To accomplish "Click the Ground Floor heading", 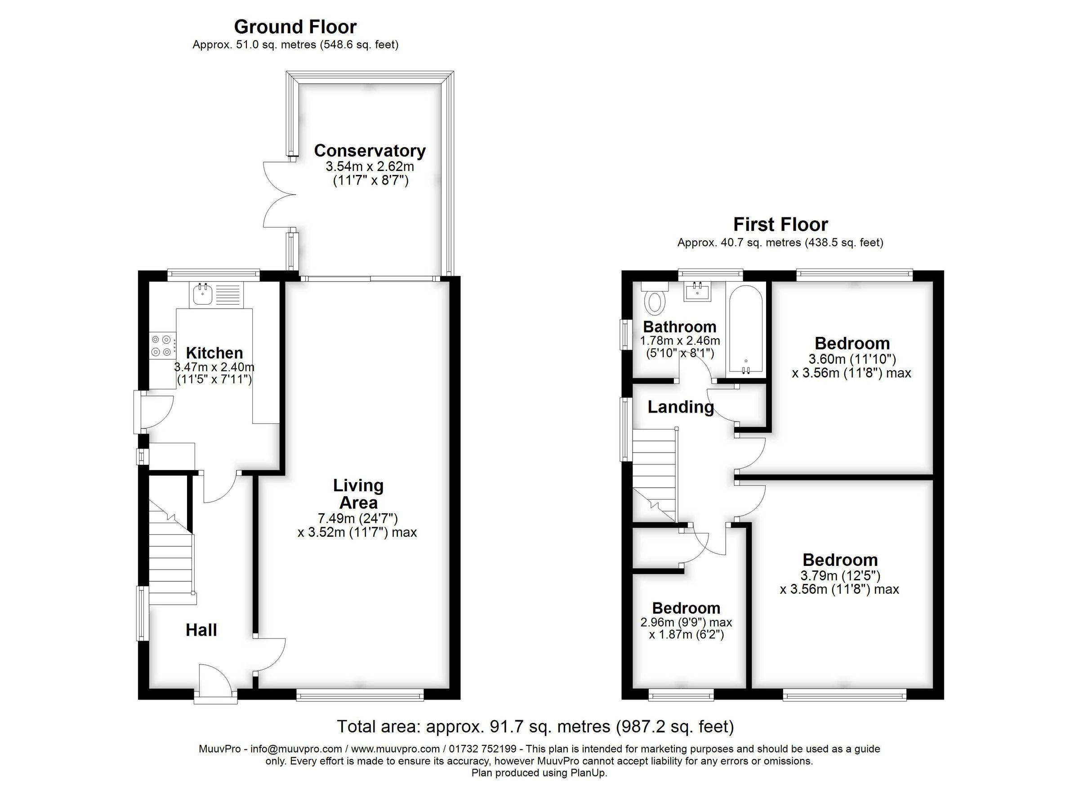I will click(295, 27).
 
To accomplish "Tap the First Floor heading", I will click(780, 224).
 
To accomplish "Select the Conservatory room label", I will click(370, 151).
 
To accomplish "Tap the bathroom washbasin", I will click(697, 292).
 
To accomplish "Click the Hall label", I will click(201, 630).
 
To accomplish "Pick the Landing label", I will click(680, 407).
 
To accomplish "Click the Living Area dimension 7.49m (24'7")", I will click(357, 518).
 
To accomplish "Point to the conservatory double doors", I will click(278, 194).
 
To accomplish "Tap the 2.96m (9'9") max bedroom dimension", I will click(686, 622).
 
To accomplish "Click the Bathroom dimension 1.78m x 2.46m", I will click(679, 341).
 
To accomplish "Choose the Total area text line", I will click(535, 727).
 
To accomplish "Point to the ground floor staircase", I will click(171, 557).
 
